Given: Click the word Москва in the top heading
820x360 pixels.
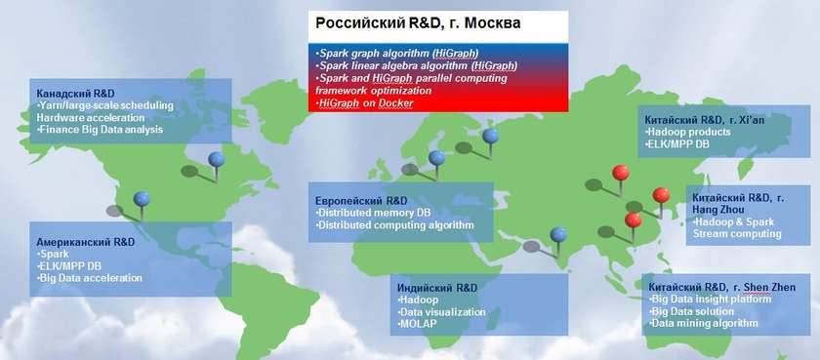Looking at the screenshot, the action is (x=492, y=23).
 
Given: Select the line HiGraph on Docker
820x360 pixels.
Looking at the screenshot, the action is (x=364, y=103).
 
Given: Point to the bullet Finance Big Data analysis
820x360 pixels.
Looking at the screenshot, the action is (x=100, y=129).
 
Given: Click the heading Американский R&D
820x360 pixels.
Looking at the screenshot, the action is (x=85, y=242).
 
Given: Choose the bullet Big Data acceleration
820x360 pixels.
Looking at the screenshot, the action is (x=90, y=278).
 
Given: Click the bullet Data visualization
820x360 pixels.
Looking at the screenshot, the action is (x=441, y=312).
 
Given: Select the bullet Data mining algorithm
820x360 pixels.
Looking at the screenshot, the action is (x=704, y=324).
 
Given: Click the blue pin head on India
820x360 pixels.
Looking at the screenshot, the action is (x=558, y=234).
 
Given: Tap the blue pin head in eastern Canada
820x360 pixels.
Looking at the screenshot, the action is (x=216, y=159).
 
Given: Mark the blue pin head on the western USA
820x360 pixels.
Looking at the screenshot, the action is (x=142, y=199).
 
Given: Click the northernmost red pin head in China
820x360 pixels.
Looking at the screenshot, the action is (x=621, y=173).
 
